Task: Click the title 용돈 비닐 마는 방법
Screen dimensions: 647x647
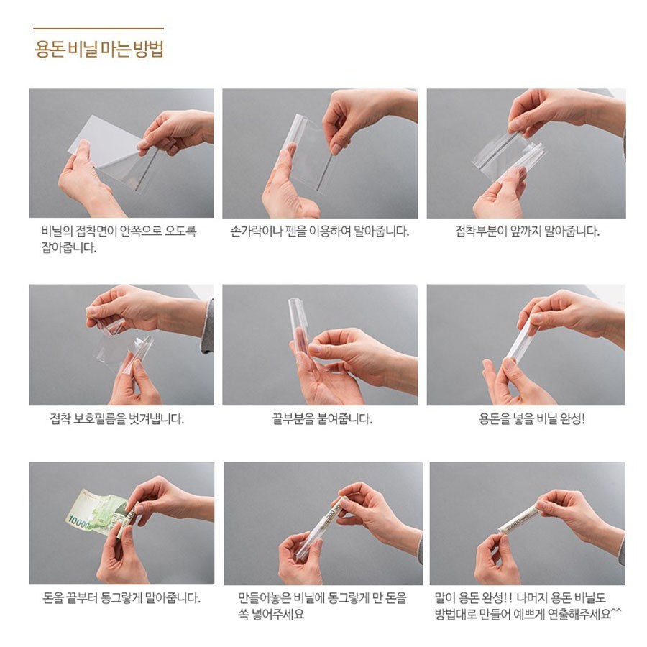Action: (x=99, y=49)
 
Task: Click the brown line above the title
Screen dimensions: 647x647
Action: (x=98, y=29)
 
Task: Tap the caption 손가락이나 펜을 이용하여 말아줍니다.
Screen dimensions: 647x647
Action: (x=319, y=231)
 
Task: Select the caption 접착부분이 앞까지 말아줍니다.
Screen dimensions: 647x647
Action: (x=527, y=231)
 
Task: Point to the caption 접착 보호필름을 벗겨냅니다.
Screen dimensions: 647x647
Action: (x=116, y=419)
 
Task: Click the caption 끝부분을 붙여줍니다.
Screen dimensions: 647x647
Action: (x=322, y=419)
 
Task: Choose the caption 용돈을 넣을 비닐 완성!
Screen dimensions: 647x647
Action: (x=531, y=419)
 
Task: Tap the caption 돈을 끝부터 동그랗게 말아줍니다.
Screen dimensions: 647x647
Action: (x=121, y=597)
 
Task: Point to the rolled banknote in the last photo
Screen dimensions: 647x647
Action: (x=518, y=520)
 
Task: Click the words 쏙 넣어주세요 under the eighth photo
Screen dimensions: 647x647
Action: (x=271, y=614)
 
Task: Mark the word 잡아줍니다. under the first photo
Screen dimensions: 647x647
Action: (x=68, y=247)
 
